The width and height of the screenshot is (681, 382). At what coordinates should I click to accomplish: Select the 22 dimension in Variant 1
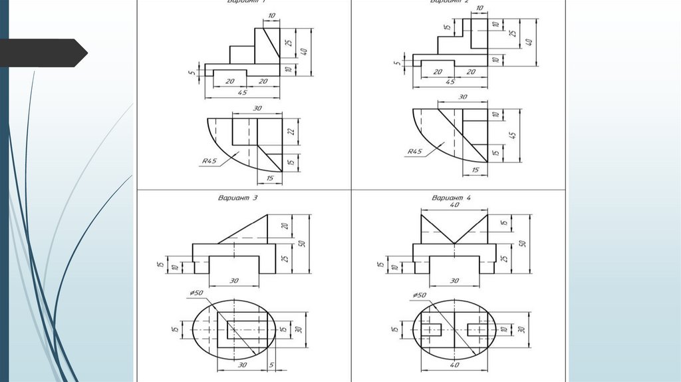pyautogui.click(x=291, y=131)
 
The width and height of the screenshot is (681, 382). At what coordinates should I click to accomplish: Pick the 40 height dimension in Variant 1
pyautogui.click(x=303, y=51)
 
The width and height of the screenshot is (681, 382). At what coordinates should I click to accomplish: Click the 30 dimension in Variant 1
pyautogui.click(x=257, y=108)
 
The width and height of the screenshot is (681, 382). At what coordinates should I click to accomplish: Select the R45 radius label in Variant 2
pyautogui.click(x=414, y=152)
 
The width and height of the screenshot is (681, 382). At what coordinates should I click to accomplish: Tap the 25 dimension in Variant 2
pyautogui.click(x=512, y=33)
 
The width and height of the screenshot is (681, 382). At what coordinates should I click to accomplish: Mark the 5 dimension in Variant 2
pyautogui.click(x=396, y=64)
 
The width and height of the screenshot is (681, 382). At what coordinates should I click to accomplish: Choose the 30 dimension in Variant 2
pyautogui.click(x=463, y=97)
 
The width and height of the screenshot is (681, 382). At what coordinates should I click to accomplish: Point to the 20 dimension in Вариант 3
pyautogui.click(x=284, y=226)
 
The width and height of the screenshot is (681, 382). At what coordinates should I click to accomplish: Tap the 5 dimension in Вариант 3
pyautogui.click(x=271, y=365)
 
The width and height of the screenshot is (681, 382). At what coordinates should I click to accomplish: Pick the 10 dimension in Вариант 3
pyautogui.click(x=174, y=268)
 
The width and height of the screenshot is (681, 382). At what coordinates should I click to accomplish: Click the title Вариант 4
pyautogui.click(x=452, y=198)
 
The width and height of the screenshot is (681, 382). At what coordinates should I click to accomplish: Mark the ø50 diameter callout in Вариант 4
pyautogui.click(x=419, y=294)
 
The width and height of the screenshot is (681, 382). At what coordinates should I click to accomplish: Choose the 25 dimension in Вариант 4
pyautogui.click(x=503, y=258)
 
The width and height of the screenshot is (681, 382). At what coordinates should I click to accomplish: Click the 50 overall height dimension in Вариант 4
pyautogui.click(x=522, y=244)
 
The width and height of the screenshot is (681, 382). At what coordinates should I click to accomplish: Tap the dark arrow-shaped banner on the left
pyautogui.click(x=43, y=53)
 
